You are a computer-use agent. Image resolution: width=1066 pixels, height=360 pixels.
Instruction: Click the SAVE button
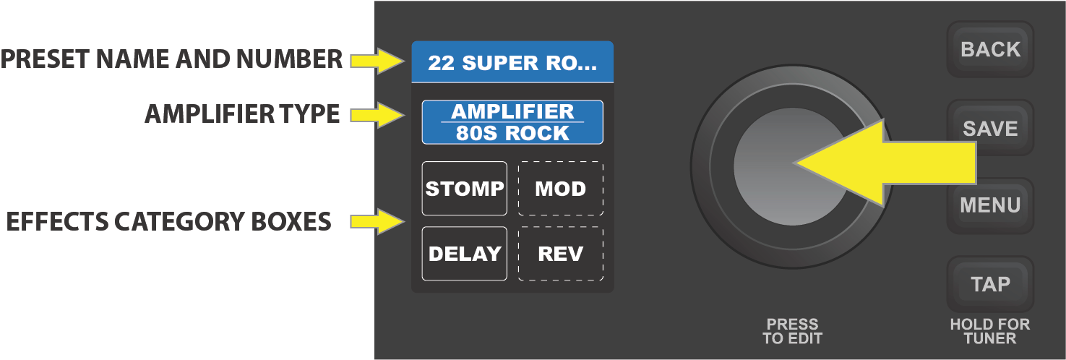(990, 128)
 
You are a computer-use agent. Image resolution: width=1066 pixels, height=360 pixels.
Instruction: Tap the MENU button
(990, 205)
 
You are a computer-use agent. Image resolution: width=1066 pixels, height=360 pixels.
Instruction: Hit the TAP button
(990, 284)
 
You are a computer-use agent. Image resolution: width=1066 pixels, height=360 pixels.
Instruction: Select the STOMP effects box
(465, 189)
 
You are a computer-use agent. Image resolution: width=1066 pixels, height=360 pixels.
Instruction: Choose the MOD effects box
(560, 189)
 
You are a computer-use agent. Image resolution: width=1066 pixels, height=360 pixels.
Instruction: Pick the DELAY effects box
(465, 254)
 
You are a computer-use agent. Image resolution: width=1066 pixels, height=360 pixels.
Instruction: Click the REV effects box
(560, 254)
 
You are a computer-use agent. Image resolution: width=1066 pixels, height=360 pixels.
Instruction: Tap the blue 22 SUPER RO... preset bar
(512, 63)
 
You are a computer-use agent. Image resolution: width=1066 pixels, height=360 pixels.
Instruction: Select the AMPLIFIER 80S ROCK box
(512, 122)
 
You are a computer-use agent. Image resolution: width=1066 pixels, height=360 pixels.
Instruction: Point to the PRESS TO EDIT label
(792, 331)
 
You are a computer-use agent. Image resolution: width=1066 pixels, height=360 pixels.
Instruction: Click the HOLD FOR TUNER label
(990, 331)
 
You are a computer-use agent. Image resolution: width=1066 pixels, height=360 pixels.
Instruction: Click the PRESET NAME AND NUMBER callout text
(172, 59)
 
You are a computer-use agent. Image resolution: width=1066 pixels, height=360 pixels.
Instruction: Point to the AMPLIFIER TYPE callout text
(242, 114)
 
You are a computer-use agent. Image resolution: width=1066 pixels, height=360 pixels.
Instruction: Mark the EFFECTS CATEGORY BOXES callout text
(168, 221)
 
